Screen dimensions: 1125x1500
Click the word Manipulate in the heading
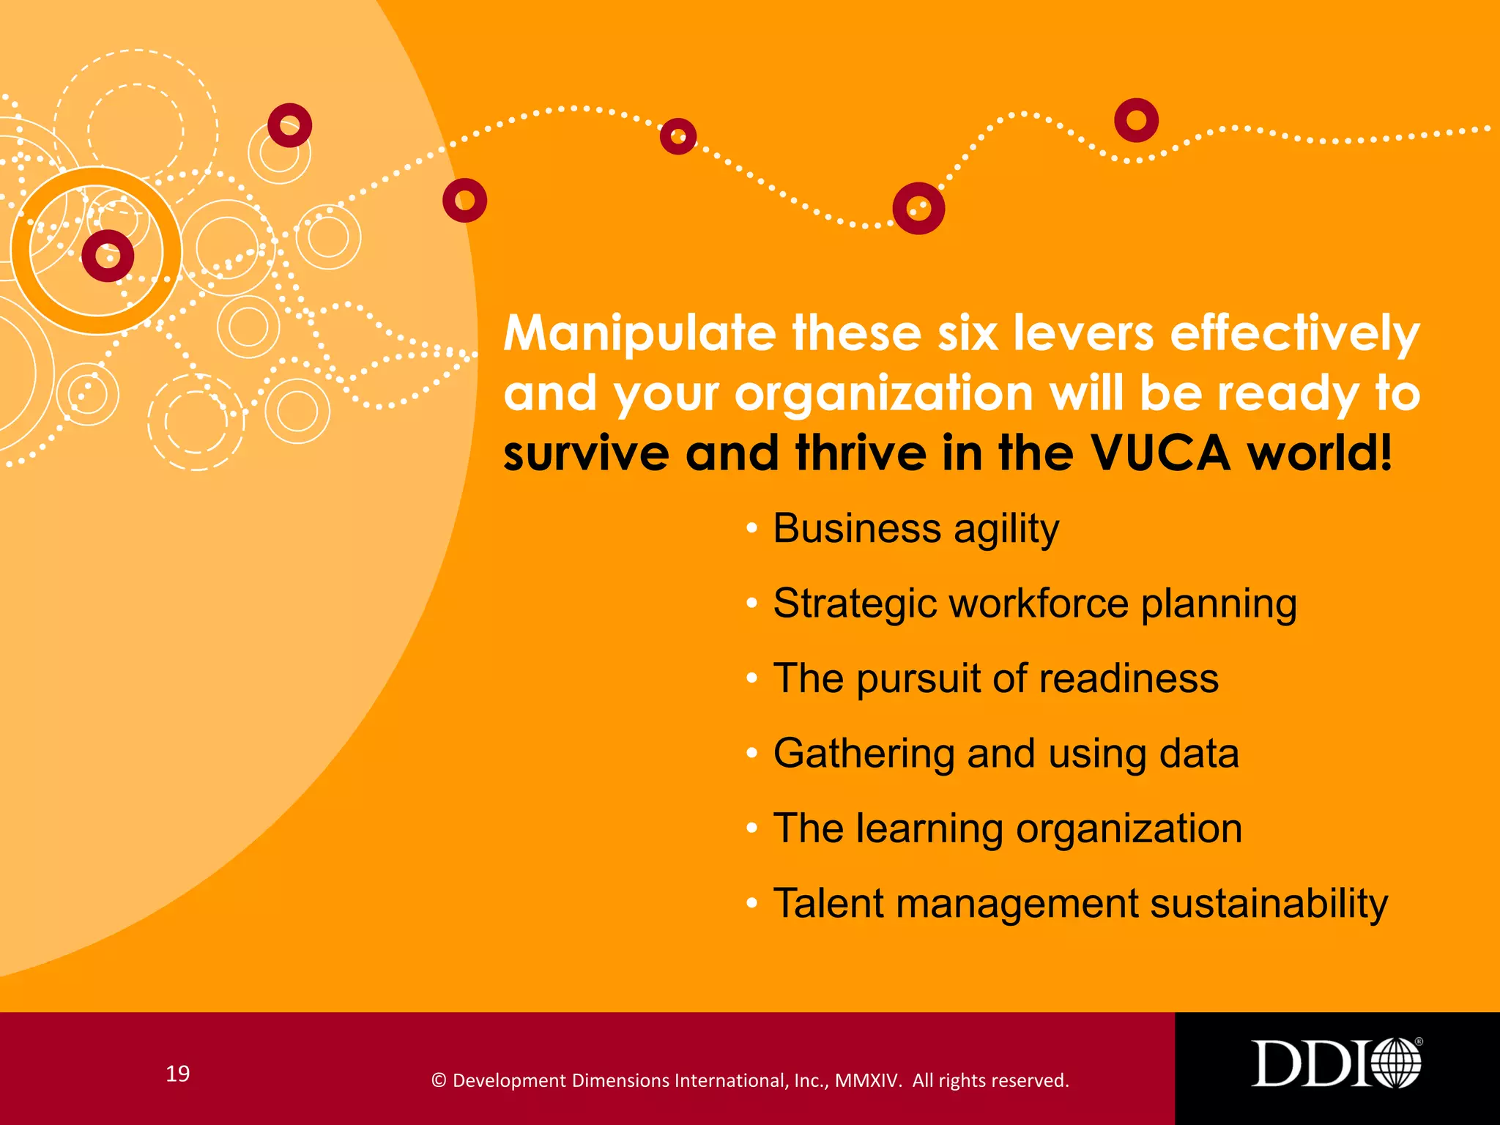(x=639, y=335)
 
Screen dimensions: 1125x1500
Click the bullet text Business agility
(x=916, y=529)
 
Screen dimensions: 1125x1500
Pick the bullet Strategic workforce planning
(x=1034, y=604)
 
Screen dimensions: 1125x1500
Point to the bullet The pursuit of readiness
(x=995, y=679)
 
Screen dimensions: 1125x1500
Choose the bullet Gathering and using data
(x=1006, y=754)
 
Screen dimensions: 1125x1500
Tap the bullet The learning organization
(x=1007, y=828)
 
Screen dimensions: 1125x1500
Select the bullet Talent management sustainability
(x=1080, y=903)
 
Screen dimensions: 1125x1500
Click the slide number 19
(x=178, y=1074)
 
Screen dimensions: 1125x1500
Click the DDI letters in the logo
(x=1308, y=1063)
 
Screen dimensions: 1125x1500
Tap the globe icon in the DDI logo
(x=1396, y=1063)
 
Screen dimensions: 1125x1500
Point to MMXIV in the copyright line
(x=868, y=1080)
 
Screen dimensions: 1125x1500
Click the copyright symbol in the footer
(x=439, y=1081)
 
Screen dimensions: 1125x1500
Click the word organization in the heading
(x=884, y=395)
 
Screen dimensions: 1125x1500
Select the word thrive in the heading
(x=861, y=453)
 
